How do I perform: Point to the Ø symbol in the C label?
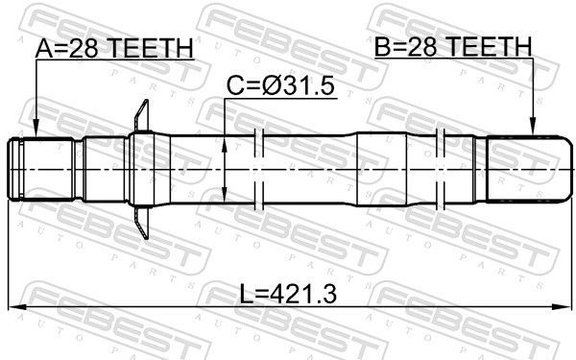[x=272, y=87]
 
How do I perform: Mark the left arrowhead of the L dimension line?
[x=13, y=308]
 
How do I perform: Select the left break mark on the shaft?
[x=257, y=169]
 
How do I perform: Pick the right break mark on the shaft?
[x=443, y=169]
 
